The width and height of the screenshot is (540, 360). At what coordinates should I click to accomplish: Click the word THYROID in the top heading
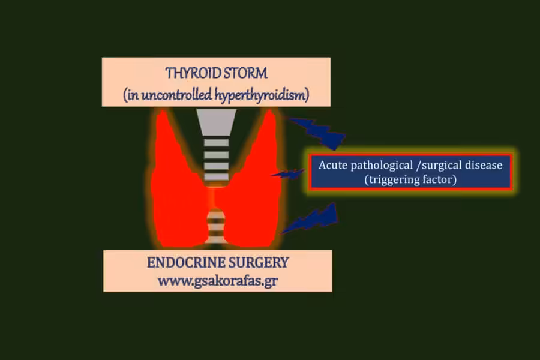click(x=193, y=73)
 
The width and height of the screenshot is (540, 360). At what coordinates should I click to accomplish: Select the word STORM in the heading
click(x=245, y=73)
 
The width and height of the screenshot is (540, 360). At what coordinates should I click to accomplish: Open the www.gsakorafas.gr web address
click(x=218, y=281)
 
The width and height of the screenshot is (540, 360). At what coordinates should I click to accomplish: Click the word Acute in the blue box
click(x=333, y=165)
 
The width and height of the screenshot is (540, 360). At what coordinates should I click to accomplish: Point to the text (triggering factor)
click(x=410, y=179)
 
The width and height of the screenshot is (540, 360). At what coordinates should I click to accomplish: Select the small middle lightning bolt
click(x=289, y=174)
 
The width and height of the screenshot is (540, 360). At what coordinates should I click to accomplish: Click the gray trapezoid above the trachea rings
click(x=216, y=122)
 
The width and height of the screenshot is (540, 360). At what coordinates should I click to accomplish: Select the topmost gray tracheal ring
click(x=216, y=143)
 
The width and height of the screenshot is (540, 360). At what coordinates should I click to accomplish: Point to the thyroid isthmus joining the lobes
click(x=216, y=197)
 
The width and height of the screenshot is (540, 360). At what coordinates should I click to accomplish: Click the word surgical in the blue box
click(x=442, y=166)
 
